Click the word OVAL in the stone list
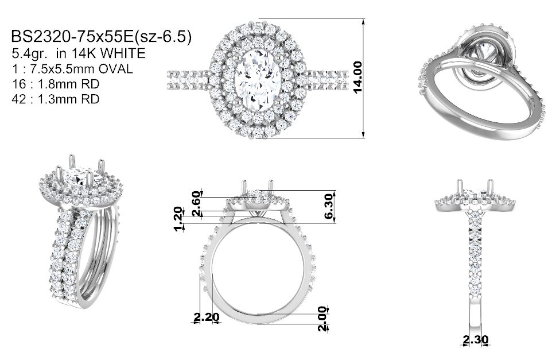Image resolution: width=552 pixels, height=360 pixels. click(x=115, y=69)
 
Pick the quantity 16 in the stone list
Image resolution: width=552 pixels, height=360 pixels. click(x=19, y=84)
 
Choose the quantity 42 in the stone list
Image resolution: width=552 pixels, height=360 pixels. click(x=19, y=99)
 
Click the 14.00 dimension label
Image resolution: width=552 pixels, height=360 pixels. click(x=357, y=77)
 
